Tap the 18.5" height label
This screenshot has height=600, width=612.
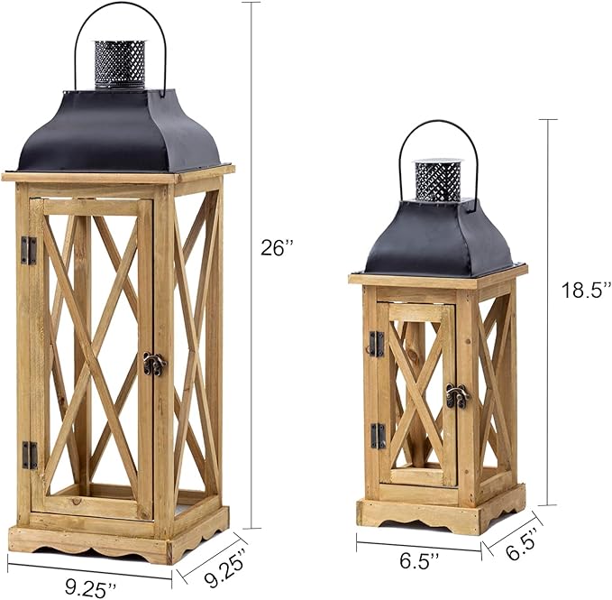tap(586, 290)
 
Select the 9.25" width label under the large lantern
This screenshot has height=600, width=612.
tap(90, 586)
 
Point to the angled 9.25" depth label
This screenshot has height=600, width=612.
tap(222, 566)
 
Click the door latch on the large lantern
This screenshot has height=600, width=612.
tap(155, 364)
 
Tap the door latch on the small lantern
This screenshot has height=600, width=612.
tap(457, 395)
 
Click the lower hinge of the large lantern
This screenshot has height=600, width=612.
tap(30, 455)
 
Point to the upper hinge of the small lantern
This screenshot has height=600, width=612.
tap(376, 343)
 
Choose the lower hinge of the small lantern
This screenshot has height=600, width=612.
tap(378, 436)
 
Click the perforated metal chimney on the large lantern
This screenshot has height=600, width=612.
tap(120, 63)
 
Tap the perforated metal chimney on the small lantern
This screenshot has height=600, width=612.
tap(437, 180)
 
